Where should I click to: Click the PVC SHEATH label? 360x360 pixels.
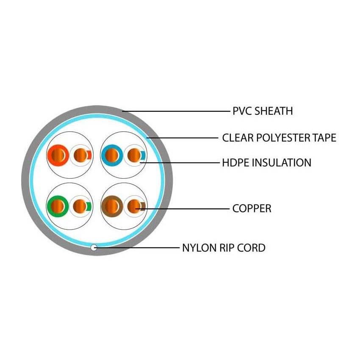click(x=263, y=111)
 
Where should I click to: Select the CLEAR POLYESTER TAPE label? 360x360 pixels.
click(x=279, y=138)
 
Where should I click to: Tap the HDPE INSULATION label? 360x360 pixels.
click(x=266, y=163)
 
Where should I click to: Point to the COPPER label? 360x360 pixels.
click(x=252, y=208)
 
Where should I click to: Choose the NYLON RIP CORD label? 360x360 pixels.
click(x=224, y=248)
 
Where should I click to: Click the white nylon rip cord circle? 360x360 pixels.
click(x=94, y=247)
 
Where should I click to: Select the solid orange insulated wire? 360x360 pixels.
click(x=58, y=155)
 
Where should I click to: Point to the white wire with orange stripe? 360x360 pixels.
click(x=81, y=155)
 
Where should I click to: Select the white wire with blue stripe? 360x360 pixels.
click(x=135, y=155)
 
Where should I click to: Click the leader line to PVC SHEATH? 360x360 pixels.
click(x=176, y=111)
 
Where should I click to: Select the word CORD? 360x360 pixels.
click(x=252, y=248)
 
